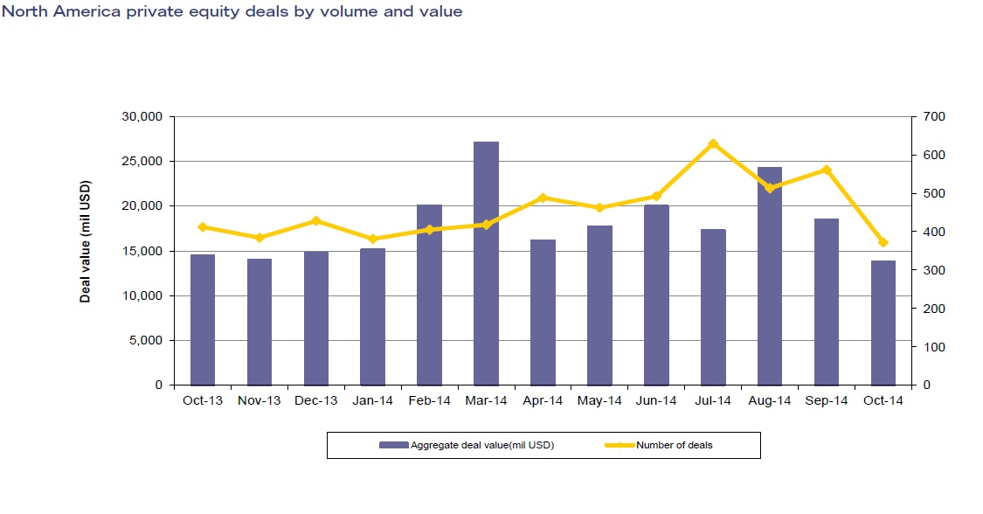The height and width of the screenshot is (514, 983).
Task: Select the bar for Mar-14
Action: (486, 263)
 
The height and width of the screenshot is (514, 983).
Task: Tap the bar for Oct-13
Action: (203, 319)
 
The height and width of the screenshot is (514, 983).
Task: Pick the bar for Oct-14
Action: (883, 323)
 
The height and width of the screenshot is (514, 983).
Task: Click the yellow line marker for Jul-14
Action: (713, 143)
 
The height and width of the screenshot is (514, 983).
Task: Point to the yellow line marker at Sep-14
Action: (827, 170)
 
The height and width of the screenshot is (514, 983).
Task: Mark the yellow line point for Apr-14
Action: (543, 198)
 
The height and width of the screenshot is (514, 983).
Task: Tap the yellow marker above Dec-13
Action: (316, 221)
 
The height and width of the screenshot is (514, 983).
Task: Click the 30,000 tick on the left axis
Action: (142, 116)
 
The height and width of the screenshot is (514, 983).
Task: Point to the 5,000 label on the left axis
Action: (146, 340)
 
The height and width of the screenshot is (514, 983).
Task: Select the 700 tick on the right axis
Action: (928, 116)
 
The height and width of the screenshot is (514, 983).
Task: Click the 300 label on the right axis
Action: (928, 270)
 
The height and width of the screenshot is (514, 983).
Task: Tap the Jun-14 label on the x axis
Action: (656, 401)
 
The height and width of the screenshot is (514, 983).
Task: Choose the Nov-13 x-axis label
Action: (260, 401)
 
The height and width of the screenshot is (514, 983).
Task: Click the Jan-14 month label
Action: (373, 401)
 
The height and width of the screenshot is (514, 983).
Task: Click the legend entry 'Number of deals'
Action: (674, 445)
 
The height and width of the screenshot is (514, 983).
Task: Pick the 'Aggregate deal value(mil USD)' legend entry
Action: (481, 445)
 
